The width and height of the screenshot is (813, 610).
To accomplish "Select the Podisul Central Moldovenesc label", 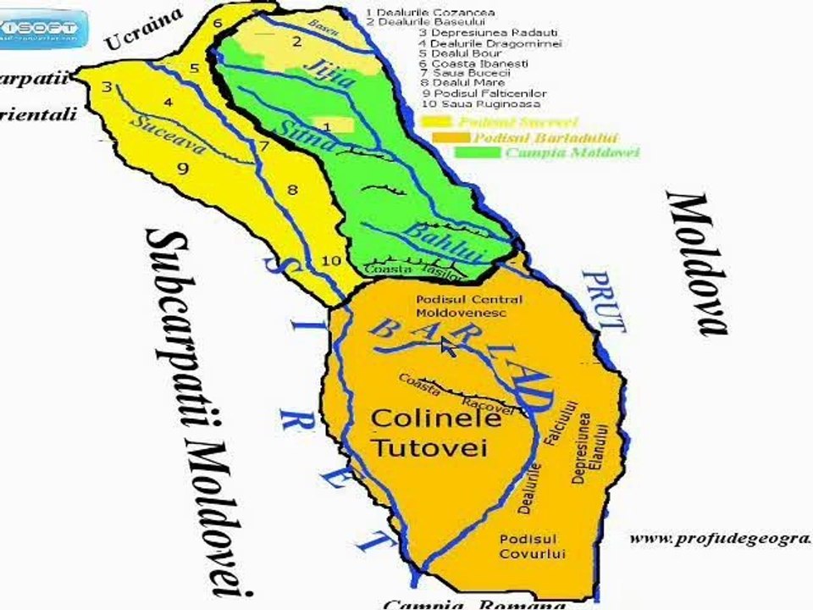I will pos(470,306).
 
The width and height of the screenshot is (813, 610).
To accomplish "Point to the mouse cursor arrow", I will pos(447,346).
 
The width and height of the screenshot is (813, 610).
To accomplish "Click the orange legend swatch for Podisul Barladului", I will pos(451,137).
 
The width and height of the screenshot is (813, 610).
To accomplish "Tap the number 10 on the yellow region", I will pos(332,260).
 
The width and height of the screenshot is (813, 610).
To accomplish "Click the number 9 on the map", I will pos(183,169).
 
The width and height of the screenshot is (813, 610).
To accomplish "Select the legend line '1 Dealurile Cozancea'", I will pos(430,13).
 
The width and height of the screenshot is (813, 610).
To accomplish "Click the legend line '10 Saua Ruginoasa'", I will pos(479,104).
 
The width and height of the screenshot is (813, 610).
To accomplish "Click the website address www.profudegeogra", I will pos(720,538).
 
